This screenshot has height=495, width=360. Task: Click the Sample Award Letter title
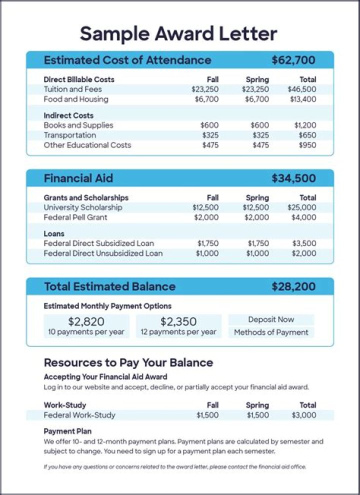[x=178, y=34]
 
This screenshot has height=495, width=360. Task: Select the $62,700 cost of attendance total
[x=293, y=60]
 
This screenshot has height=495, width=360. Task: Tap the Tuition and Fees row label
[x=72, y=89]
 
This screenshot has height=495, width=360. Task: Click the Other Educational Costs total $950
[x=306, y=145]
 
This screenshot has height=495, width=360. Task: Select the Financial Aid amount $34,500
[x=293, y=178]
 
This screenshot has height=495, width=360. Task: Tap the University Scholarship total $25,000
[x=302, y=207]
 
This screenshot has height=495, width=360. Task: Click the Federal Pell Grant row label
[x=75, y=217]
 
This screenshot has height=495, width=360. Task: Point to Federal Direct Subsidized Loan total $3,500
[x=304, y=243]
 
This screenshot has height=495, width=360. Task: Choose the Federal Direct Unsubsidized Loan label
[x=103, y=253]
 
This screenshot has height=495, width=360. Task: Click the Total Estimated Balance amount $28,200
[x=293, y=286]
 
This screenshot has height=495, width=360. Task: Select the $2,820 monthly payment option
[x=86, y=325]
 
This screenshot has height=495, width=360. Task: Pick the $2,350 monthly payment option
[x=178, y=325]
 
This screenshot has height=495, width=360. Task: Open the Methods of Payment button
[x=271, y=332]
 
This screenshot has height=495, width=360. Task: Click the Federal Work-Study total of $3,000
[x=304, y=415]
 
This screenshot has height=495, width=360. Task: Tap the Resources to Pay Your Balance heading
[x=128, y=362]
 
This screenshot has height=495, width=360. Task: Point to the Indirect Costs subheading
[x=68, y=115]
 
